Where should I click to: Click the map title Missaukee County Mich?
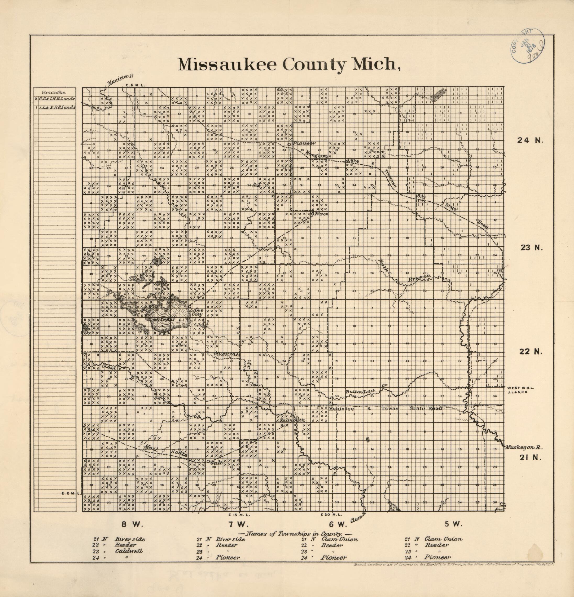click(x=288, y=64)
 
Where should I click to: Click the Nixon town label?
click(x=322, y=214)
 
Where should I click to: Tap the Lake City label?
click(x=196, y=312)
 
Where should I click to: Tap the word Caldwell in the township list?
click(x=129, y=551)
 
